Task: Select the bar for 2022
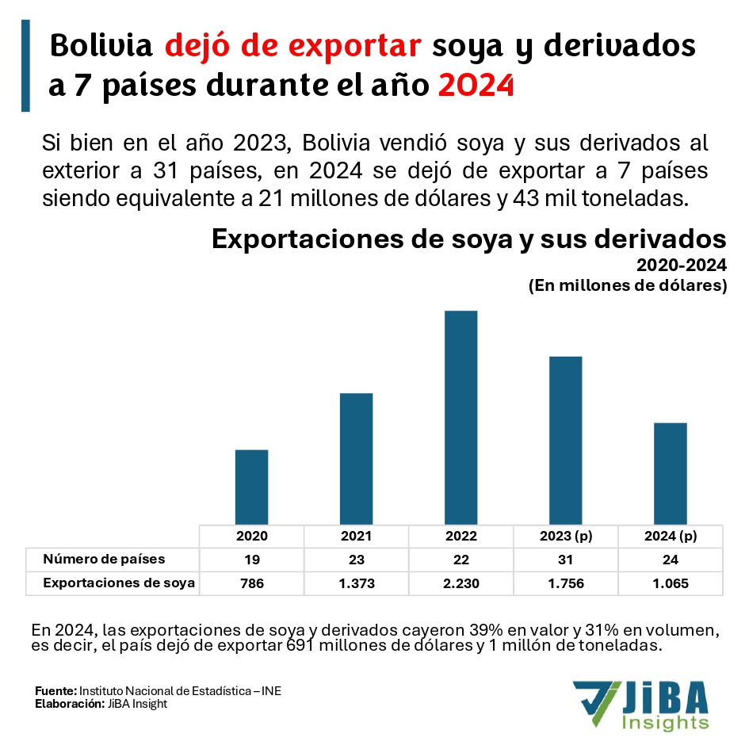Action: (461, 417)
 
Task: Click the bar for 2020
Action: (252, 487)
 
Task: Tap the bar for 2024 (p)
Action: (671, 473)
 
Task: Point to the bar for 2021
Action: (357, 458)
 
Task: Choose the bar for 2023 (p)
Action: (566, 440)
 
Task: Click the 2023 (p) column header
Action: (566, 536)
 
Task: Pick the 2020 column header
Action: (252, 536)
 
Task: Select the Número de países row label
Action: (104, 559)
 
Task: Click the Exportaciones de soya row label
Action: (119, 583)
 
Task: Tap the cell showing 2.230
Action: (461, 583)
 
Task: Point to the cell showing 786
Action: (252, 583)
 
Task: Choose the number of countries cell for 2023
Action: (566, 560)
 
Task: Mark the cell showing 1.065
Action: (671, 583)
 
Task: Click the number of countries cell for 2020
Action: (252, 560)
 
